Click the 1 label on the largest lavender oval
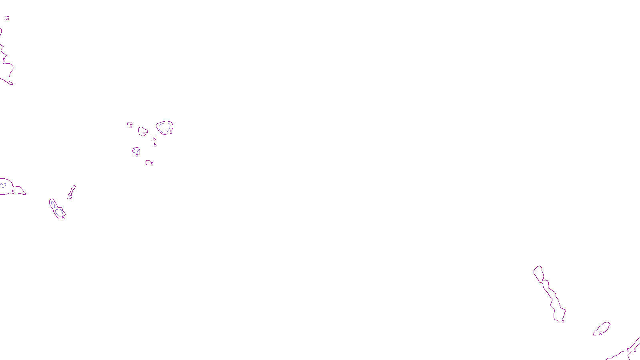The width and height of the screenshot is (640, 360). coord(164,132)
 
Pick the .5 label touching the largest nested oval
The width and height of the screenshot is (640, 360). coord(171,132)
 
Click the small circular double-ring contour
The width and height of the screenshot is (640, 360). coord(136,151)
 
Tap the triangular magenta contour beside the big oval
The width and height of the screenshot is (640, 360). coord(142,131)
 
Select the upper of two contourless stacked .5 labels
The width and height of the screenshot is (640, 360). coord(154,139)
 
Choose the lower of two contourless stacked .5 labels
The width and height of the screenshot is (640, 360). coord(155,145)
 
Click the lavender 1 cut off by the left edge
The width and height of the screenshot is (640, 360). coord(3,185)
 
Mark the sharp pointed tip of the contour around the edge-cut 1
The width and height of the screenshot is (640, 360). coord(25,194)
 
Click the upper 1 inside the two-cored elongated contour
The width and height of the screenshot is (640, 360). coord(54,206)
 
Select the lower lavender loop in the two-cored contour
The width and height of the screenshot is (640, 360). coord(60,212)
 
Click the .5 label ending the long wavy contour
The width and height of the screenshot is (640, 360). coord(562,321)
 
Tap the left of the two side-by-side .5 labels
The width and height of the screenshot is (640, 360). coord(628,350)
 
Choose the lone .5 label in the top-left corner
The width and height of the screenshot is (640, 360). coord(7,18)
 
